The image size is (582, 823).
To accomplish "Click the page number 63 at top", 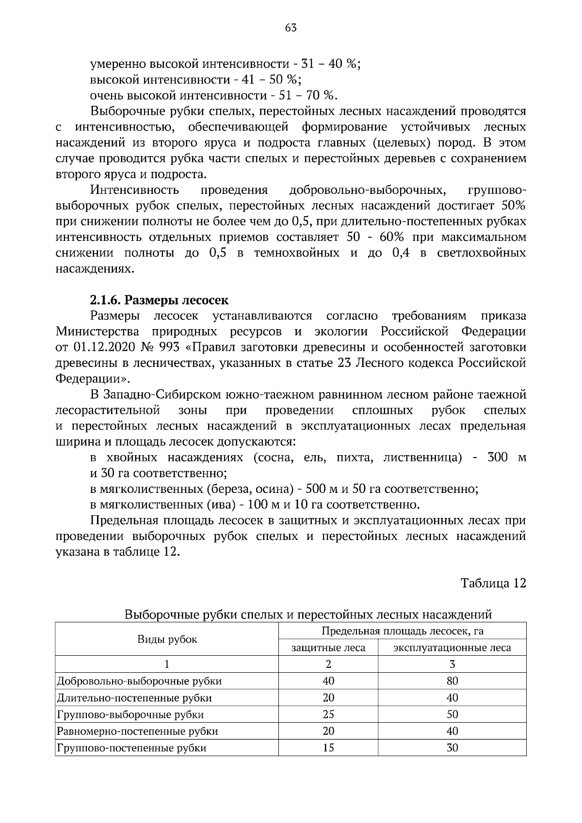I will coord(291,28).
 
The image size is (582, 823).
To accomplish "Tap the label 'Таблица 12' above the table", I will coord(493,583).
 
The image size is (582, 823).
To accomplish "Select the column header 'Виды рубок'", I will coord(167,639).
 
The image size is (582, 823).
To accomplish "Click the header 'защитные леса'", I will coord(328,648).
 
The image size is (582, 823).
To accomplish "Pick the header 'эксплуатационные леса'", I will coord(452,648).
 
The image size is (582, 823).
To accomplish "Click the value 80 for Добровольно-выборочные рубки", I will coord(452,681).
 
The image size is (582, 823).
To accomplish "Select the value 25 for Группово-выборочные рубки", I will coord(328,714).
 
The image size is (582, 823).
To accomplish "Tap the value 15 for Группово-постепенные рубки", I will coord(328,748).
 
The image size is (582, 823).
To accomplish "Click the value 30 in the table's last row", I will coord(452,748).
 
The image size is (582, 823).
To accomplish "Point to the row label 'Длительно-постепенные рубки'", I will coord(134,698).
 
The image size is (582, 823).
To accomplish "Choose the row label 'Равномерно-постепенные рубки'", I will coord(137,731).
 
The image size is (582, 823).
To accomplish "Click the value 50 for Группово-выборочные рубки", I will coord(452,714).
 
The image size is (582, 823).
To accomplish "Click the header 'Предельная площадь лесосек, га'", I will coord(403,631).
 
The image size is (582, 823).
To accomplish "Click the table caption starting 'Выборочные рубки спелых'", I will coord(308,615).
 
